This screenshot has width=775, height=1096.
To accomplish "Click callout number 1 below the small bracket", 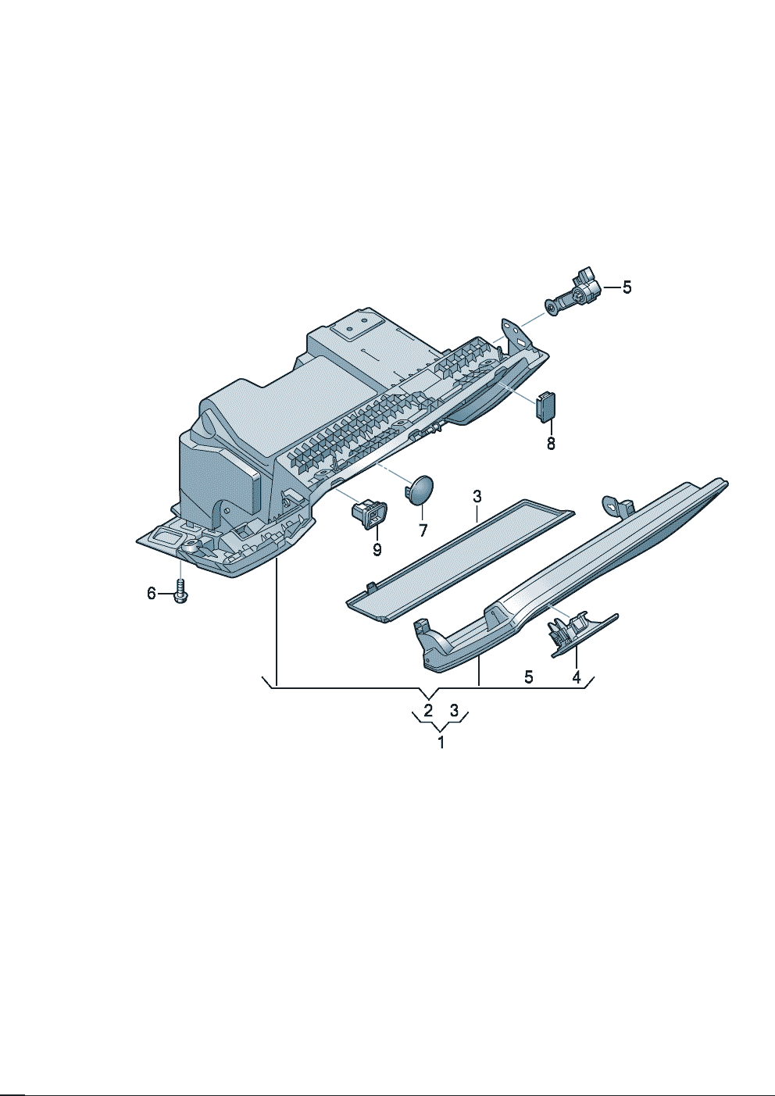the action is (x=441, y=742).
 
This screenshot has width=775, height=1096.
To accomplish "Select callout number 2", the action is (x=428, y=710).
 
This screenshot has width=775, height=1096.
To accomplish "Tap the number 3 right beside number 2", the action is (x=455, y=710).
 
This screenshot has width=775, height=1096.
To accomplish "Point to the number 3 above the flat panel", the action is (x=477, y=497).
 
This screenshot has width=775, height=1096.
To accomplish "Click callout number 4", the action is (x=577, y=677).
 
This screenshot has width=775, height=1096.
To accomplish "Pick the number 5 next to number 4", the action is (x=529, y=677).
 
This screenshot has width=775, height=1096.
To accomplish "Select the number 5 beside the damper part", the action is (x=627, y=287).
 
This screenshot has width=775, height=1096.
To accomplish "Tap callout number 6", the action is (x=152, y=594).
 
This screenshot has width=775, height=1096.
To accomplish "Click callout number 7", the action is (x=423, y=530).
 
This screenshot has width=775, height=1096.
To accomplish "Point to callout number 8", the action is (x=551, y=443).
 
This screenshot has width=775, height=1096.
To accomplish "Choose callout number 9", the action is (x=377, y=549).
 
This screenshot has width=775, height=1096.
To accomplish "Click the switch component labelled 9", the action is (x=369, y=514).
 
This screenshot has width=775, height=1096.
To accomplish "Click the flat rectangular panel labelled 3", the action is (x=460, y=561).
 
